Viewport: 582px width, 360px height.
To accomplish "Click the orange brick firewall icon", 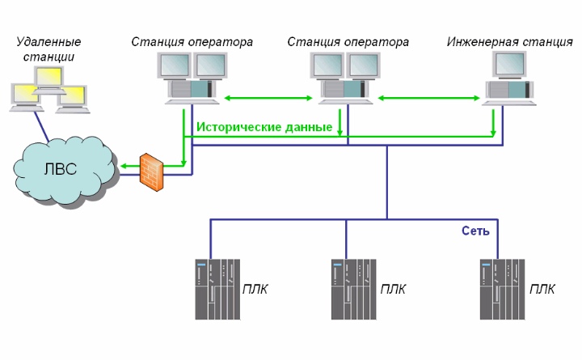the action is pyautogui.click(x=151, y=172).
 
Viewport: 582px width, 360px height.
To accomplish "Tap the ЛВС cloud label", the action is pyautogui.click(x=61, y=169).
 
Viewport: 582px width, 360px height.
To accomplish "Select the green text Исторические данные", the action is pyautogui.click(x=264, y=127).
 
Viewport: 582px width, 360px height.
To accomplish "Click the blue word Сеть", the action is pyautogui.click(x=475, y=231).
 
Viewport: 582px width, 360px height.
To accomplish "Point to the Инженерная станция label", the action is pyautogui.click(x=509, y=42).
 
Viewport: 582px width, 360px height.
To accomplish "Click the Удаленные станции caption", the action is pyautogui.click(x=48, y=49).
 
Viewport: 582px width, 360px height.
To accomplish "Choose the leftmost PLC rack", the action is pyautogui.click(x=217, y=290).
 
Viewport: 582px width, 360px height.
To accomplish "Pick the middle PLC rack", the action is pyautogui.click(x=353, y=290).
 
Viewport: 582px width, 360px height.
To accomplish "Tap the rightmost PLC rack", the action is pyautogui.click(x=502, y=290).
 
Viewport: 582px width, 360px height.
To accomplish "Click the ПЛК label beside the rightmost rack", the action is pyautogui.click(x=542, y=289).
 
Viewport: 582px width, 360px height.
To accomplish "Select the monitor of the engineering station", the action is pyautogui.click(x=510, y=65).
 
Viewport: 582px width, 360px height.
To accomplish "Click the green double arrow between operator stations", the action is pyautogui.click(x=268, y=98).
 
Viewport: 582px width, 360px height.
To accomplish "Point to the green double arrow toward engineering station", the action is pyautogui.click(x=429, y=98).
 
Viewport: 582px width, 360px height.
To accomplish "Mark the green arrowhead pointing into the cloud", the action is pyautogui.click(x=124, y=166).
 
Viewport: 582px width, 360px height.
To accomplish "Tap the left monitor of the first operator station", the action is pyautogui.click(x=174, y=66).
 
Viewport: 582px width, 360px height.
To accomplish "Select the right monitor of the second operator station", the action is pyautogui.click(x=364, y=66).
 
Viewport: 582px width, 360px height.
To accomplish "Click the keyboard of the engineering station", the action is pyautogui.click(x=509, y=103).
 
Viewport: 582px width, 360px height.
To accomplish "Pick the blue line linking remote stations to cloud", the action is pyautogui.click(x=41, y=127).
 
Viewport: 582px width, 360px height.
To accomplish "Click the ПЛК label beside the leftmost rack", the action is pyautogui.click(x=255, y=289).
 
